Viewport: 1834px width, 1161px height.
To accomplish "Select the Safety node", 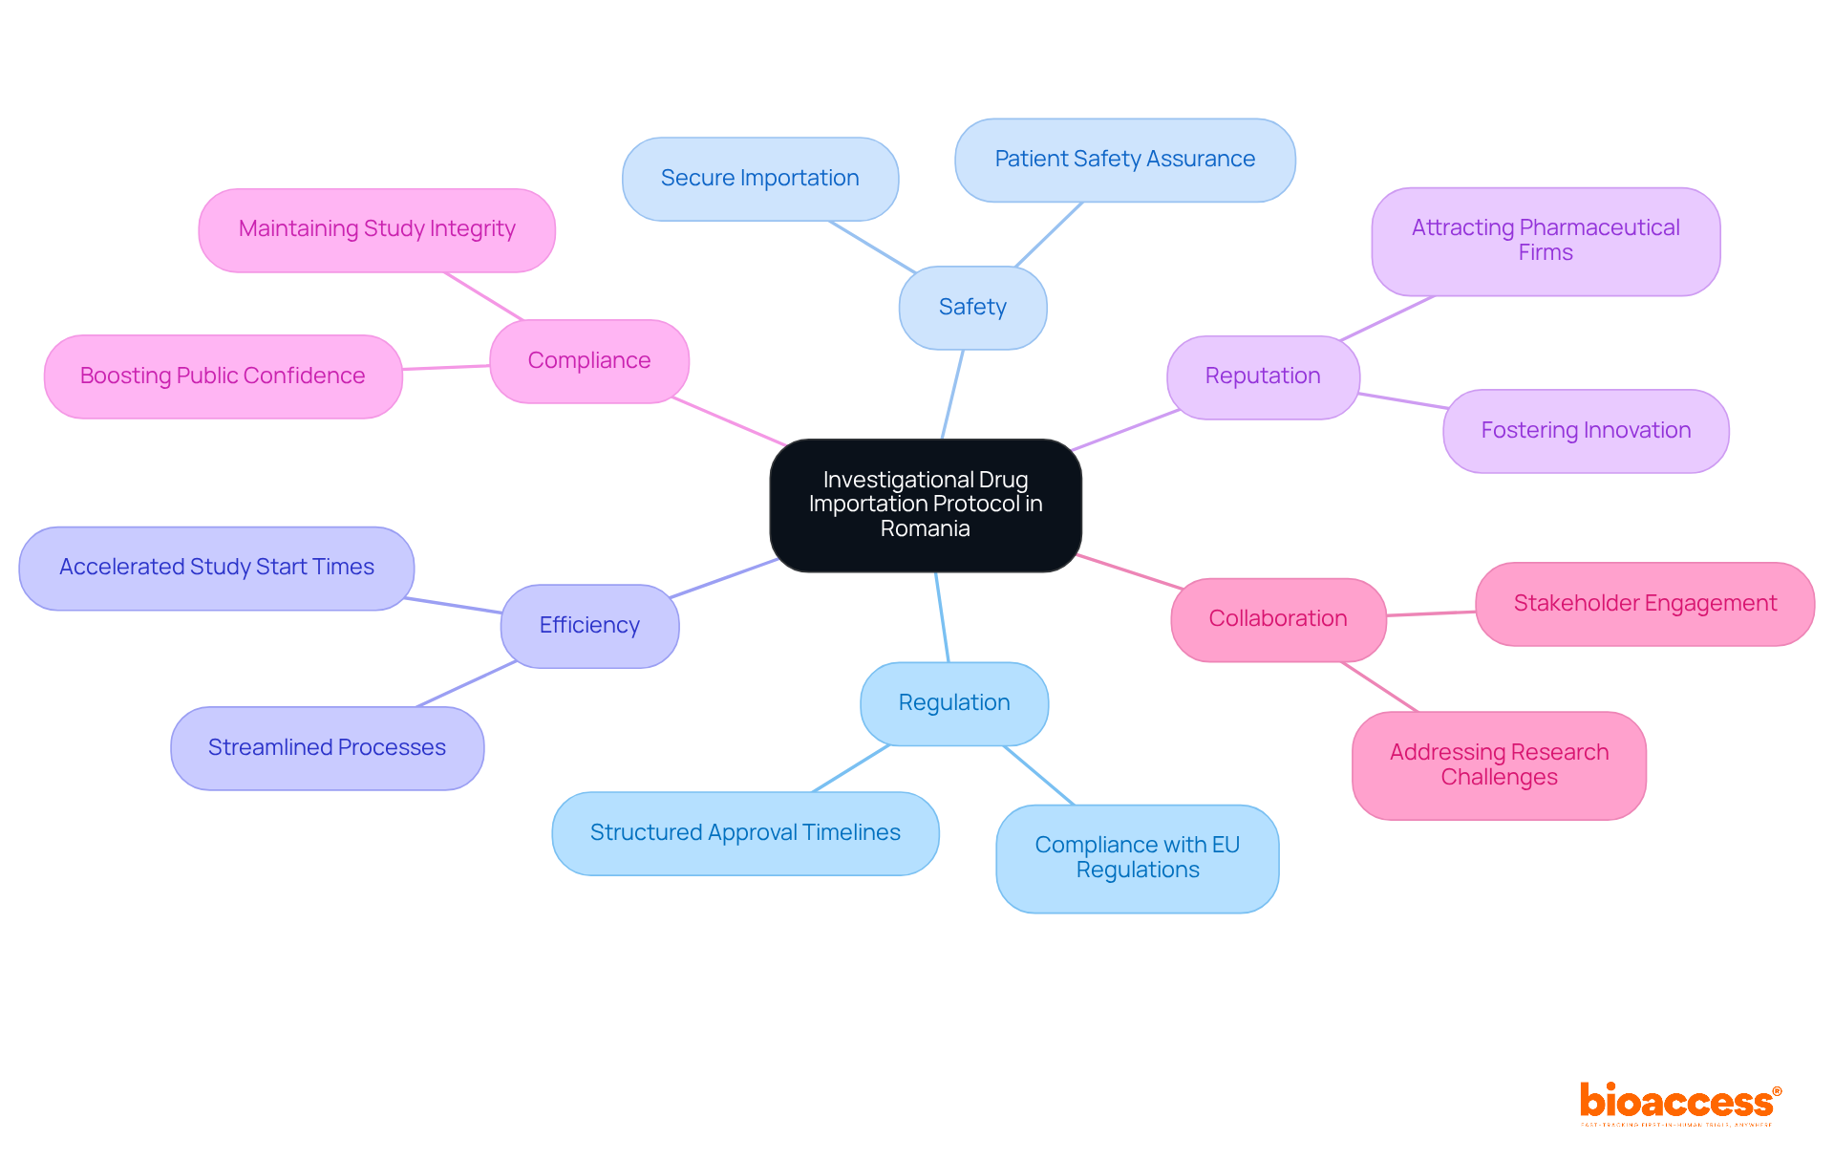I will (x=972, y=308).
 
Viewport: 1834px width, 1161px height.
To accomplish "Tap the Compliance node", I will (x=588, y=361).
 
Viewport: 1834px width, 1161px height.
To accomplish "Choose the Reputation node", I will (x=1262, y=376).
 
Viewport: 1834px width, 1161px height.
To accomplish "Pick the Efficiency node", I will (x=589, y=626).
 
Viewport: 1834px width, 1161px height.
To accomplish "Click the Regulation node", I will (x=953, y=703).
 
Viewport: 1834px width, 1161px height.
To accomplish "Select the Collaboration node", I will (x=1277, y=619).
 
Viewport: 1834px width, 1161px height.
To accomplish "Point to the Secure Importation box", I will (x=759, y=179).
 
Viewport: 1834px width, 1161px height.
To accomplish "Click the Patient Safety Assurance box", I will (x=1124, y=160).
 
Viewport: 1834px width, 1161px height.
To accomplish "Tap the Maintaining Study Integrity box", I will (x=376, y=229).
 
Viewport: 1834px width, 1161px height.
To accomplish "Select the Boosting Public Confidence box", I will (x=223, y=376).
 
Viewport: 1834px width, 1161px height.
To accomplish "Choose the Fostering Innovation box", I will (x=1586, y=431).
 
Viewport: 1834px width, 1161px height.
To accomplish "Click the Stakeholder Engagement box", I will (x=1644, y=604).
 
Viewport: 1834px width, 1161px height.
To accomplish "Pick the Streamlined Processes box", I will (x=327, y=748).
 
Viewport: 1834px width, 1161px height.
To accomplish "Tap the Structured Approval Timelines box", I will (x=745, y=833).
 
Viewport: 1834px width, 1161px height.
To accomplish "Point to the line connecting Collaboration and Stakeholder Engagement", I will (x=1431, y=613).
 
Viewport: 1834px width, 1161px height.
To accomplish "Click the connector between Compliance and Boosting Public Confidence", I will (x=446, y=367).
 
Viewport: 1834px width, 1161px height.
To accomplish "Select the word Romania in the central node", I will (x=925, y=529).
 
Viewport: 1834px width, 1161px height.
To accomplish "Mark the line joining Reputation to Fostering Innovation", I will (x=1402, y=400).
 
